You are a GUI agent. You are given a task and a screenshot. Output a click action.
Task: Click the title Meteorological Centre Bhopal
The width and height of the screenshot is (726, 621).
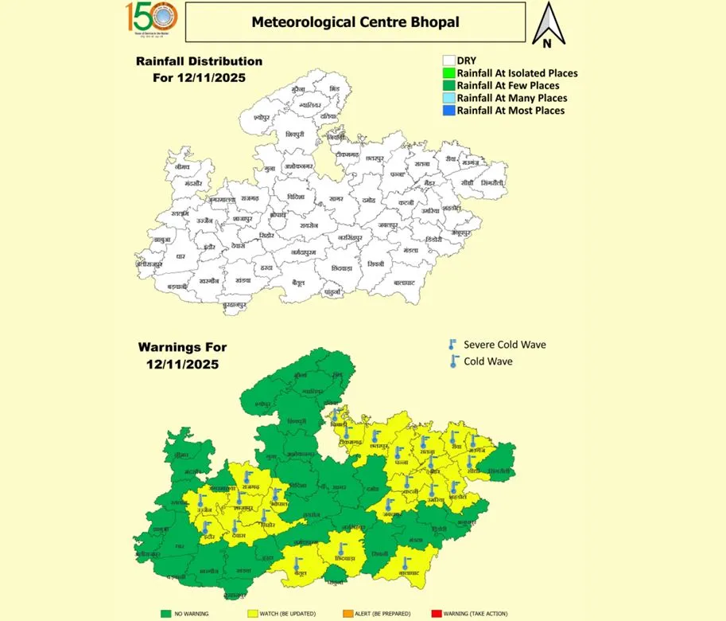pos(355,21)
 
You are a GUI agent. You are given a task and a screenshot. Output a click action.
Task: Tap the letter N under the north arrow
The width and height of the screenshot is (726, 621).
pos(547,43)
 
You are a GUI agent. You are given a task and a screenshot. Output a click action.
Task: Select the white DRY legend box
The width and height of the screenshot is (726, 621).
pos(448,60)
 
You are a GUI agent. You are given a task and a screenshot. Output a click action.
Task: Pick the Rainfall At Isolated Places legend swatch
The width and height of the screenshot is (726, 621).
pos(448,72)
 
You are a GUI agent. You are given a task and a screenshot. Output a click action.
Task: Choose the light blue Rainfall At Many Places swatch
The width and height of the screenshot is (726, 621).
pos(448,98)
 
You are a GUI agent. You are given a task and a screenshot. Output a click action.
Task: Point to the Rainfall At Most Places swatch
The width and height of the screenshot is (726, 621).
pos(448,111)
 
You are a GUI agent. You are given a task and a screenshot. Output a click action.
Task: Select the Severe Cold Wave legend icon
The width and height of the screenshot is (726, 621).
pos(452,345)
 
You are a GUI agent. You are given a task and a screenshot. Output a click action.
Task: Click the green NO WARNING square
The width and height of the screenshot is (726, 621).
pos(166,613)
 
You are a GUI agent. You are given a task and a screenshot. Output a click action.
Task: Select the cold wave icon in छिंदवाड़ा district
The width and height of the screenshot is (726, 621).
pos(341,549)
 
